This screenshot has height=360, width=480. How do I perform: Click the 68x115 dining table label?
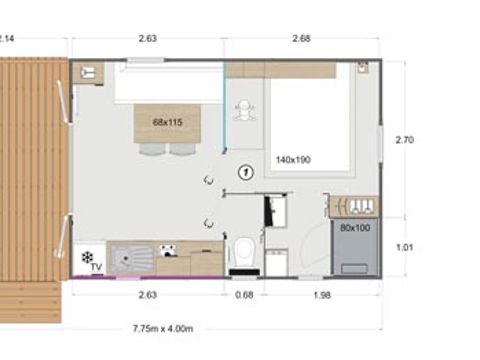[x=167, y=123]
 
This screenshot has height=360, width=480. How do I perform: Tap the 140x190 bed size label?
[x=294, y=159]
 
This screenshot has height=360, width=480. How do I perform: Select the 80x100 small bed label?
[x=354, y=227]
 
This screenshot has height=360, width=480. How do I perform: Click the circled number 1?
[x=244, y=172]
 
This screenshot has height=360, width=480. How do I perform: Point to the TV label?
[x=96, y=267]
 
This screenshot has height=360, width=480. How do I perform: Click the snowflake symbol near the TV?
[x=86, y=257]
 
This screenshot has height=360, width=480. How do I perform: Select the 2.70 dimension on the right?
[x=404, y=140]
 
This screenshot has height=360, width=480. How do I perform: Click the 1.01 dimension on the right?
[x=404, y=246]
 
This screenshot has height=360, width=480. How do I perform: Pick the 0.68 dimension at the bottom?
[x=244, y=294]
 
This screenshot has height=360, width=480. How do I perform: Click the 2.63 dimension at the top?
[x=147, y=39]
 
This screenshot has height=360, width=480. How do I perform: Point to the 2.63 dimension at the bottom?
[x=147, y=294]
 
